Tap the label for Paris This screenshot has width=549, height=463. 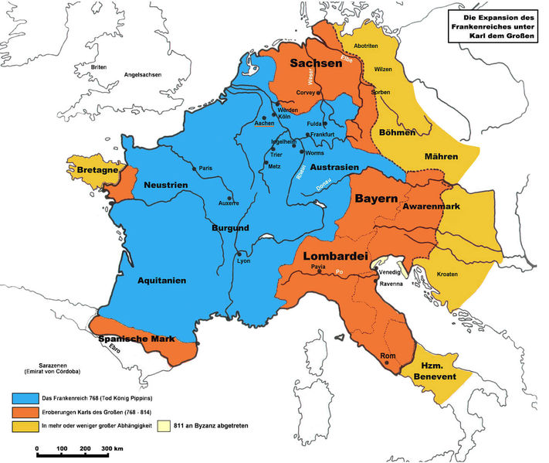click(x=205, y=168)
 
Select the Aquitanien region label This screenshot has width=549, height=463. click(x=162, y=281)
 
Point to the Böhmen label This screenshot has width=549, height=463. click(x=396, y=131)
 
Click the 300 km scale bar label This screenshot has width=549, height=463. click(x=114, y=448)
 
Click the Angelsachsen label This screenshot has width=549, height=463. click(x=144, y=75)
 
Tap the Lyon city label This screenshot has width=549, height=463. click(x=245, y=261)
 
